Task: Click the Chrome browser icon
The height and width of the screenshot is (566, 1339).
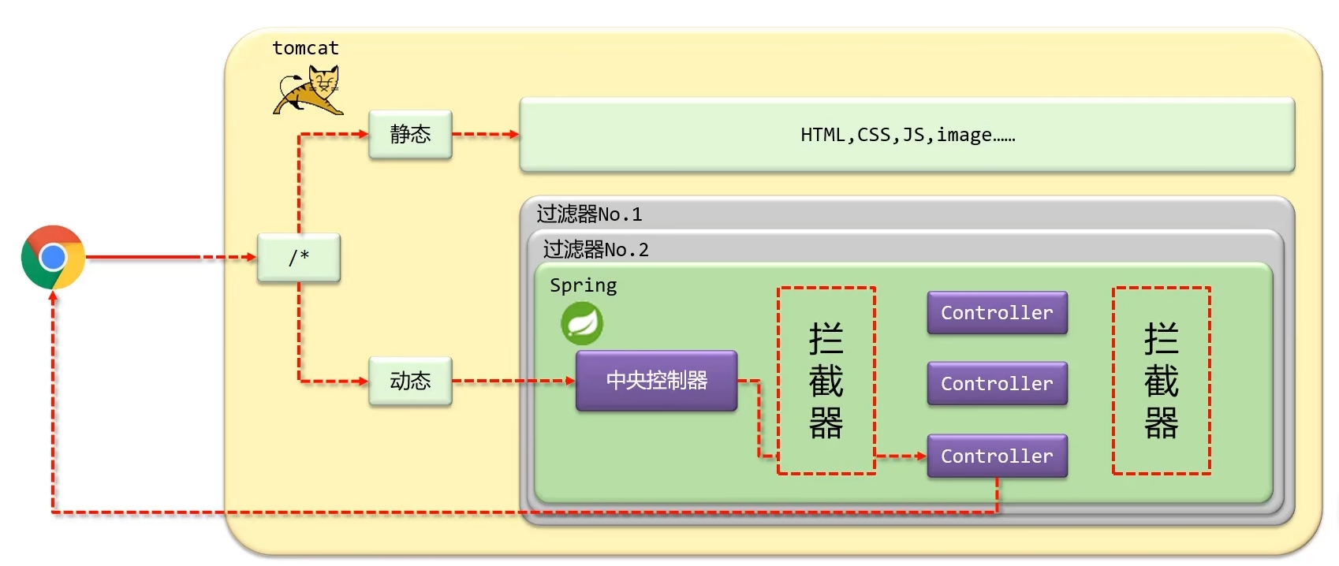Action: click(x=53, y=257)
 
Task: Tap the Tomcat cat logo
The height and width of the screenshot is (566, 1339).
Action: click(x=309, y=91)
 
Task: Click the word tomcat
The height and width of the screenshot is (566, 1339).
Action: click(x=305, y=48)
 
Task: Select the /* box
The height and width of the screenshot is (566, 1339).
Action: click(x=299, y=257)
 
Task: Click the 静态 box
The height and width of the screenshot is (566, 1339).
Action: click(x=410, y=134)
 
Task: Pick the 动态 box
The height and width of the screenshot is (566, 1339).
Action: click(x=410, y=381)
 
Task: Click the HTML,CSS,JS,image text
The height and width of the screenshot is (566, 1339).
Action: click(x=907, y=135)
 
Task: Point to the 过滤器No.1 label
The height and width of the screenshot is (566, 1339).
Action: click(x=589, y=214)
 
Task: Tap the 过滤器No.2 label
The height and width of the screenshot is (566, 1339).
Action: click(x=595, y=250)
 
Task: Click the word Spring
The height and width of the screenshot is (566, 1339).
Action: click(x=583, y=285)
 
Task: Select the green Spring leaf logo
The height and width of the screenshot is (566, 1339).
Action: click(x=582, y=323)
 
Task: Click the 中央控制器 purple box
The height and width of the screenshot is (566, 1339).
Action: click(x=656, y=381)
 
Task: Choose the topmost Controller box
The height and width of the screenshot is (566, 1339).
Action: click(x=997, y=313)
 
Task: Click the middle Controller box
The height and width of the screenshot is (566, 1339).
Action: click(x=997, y=384)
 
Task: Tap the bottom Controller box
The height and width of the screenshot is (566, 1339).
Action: click(x=997, y=456)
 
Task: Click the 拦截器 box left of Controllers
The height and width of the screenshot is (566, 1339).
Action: click(x=826, y=381)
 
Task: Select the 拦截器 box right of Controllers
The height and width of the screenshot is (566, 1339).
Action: click(x=1161, y=381)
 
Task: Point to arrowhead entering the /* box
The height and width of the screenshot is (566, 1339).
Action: click(x=252, y=257)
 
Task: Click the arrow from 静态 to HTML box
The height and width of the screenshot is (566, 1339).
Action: click(x=485, y=134)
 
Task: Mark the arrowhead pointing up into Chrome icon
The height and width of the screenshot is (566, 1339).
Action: click(x=53, y=296)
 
